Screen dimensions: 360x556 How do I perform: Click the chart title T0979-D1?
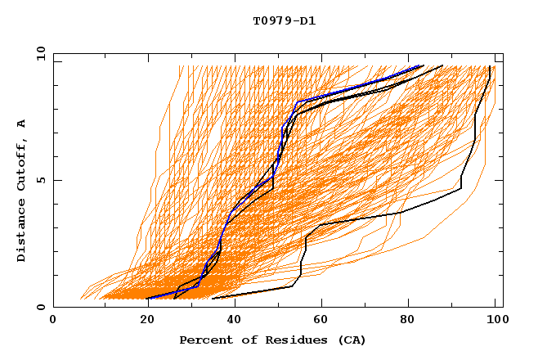tap(285, 20)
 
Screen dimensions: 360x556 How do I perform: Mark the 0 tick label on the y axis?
tap(40, 307)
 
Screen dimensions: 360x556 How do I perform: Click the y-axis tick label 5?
tap(40, 180)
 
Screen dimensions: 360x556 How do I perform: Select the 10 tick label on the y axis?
tap(38, 53)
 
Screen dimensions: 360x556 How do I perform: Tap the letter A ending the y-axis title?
tap(22, 124)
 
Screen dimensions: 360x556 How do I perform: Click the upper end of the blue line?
tap(422, 65)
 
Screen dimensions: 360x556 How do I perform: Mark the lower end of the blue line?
tap(149, 299)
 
